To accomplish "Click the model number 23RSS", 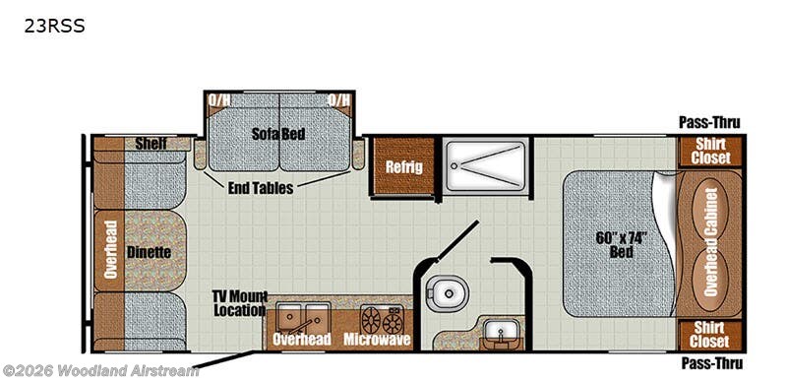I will click(55, 28).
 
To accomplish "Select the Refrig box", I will click(403, 166).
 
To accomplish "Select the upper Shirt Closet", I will click(709, 151).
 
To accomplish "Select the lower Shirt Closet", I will click(709, 335).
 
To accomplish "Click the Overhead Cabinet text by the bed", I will click(710, 242).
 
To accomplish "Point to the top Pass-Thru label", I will click(708, 122).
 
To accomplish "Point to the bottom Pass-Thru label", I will click(708, 363).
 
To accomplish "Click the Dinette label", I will click(149, 252).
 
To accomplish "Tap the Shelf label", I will click(151, 145).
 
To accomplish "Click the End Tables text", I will click(260, 188).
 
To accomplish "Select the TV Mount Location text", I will click(239, 303).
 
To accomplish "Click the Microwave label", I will click(376, 340).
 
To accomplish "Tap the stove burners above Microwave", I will click(382, 319).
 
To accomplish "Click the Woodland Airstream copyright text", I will click(100, 371).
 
